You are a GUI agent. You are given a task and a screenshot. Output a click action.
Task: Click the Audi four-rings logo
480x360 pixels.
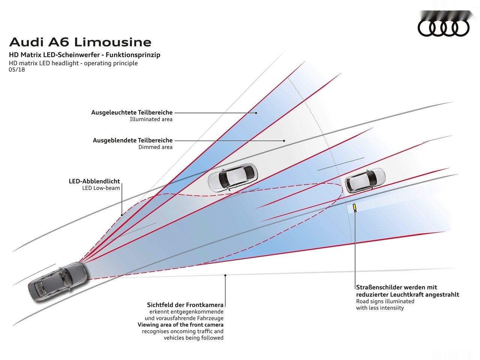[x=444, y=27]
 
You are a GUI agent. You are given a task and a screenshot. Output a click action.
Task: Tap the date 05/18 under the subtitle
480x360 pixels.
[x=17, y=70]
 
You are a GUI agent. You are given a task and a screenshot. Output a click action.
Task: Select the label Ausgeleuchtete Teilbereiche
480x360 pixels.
[x=132, y=112]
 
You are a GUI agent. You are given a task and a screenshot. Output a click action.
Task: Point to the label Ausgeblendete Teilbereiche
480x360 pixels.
[x=132, y=140]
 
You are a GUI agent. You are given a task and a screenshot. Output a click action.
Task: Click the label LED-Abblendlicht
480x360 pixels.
[x=94, y=181]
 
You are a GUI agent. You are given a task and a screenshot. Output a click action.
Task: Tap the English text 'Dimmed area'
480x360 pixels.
[x=155, y=147]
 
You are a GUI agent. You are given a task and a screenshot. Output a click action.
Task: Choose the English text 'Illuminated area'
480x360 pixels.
[x=151, y=119]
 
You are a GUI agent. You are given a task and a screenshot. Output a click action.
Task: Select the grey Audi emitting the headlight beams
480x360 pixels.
[x=58, y=282]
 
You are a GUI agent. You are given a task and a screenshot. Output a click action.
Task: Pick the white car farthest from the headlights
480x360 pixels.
[x=365, y=180]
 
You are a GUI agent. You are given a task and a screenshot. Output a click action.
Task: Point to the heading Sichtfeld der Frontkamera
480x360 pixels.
[x=185, y=304]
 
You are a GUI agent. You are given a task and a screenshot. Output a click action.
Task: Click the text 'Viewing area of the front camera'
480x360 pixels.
[x=180, y=325]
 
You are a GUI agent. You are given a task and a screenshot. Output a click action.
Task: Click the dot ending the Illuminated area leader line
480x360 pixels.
[x=256, y=112]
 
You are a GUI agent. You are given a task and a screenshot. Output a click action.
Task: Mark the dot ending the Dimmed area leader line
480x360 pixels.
[x=284, y=141]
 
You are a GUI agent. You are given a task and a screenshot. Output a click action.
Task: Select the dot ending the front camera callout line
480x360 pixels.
[x=225, y=275]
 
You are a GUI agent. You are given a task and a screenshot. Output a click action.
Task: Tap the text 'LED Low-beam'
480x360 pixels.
[x=101, y=188]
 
